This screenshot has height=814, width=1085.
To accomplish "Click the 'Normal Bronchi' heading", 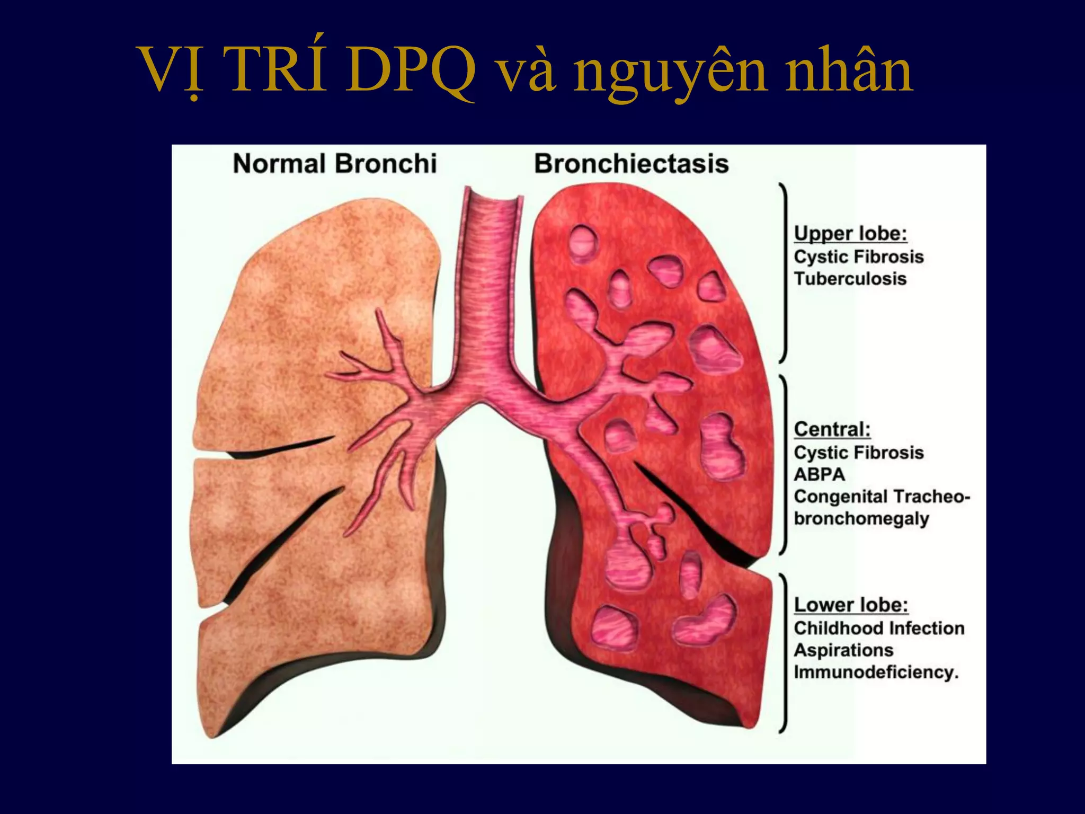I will (x=335, y=164).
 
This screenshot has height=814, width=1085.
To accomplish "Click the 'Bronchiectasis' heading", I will (x=631, y=164).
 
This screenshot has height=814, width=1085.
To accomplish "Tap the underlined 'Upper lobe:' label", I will (x=850, y=234).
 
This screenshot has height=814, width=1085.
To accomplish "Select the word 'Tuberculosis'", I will (x=850, y=279).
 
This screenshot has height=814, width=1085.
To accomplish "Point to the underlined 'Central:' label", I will (x=832, y=429).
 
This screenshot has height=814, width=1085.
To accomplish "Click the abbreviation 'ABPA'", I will (x=819, y=474).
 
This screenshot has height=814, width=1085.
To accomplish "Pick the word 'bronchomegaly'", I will (x=861, y=518).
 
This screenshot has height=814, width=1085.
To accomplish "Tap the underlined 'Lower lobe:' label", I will (x=851, y=605).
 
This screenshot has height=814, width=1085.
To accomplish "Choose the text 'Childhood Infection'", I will (x=879, y=628).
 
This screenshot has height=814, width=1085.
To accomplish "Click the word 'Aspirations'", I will (x=843, y=650).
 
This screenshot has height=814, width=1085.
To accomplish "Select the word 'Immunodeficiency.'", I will (x=876, y=673).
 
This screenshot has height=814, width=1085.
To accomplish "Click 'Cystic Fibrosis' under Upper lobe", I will (x=859, y=257).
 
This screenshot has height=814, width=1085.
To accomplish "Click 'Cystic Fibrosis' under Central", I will (x=859, y=453).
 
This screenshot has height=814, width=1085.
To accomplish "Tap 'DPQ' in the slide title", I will (x=412, y=72).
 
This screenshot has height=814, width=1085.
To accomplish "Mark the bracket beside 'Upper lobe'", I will (x=784, y=273).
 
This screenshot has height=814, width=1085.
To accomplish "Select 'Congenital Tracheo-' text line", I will (x=882, y=497).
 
